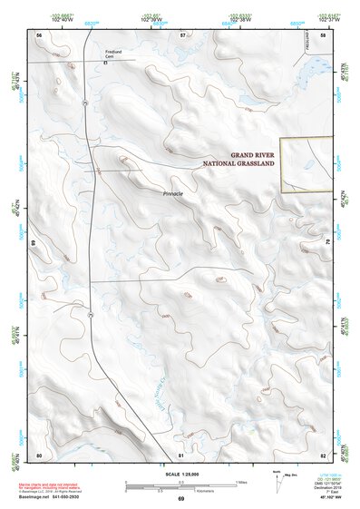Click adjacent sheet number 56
pos(39,34)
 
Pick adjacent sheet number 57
pos(182,34)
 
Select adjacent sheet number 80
pos(39,454)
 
